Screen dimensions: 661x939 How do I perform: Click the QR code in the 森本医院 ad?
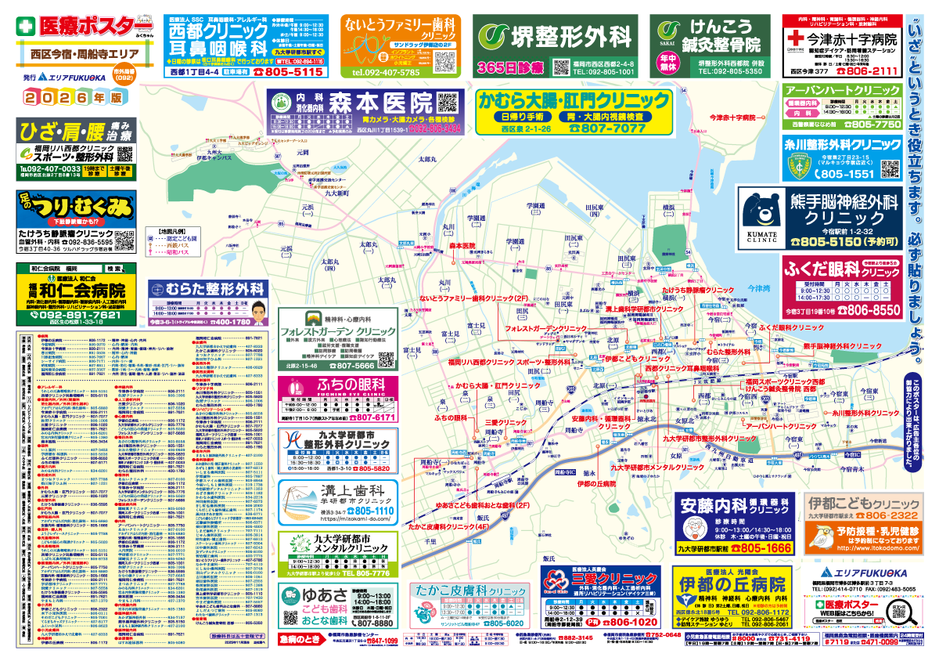coord(447,104)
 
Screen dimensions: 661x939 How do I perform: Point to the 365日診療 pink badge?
coord(509,67)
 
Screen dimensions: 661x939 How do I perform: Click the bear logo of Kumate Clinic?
coord(762,209)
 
